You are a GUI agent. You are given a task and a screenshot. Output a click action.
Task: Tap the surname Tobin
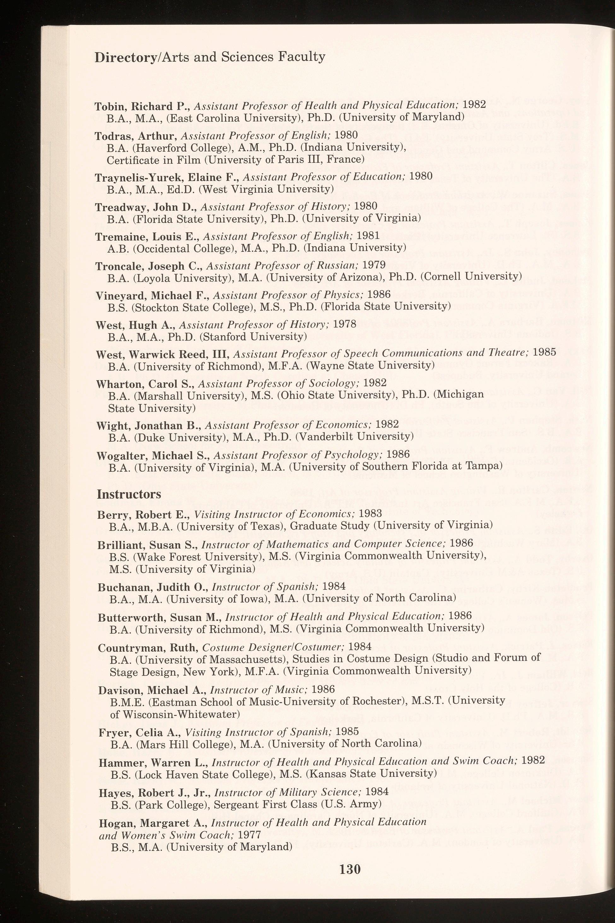[x=111, y=106]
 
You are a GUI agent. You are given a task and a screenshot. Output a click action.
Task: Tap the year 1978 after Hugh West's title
[x=344, y=324]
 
